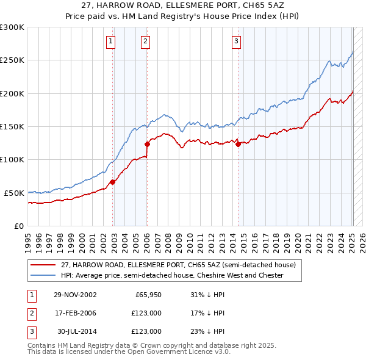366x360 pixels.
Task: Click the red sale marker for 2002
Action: (x=113, y=182)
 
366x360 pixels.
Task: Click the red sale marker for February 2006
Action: (x=147, y=144)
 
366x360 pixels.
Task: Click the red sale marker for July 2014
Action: (x=238, y=144)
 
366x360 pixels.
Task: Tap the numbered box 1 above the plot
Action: (x=110, y=41)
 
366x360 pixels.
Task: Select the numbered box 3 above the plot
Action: (x=235, y=41)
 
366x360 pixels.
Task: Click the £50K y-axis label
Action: (x=13, y=193)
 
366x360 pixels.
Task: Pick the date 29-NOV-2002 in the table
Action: (x=75, y=295)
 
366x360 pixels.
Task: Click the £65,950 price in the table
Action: (x=148, y=295)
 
